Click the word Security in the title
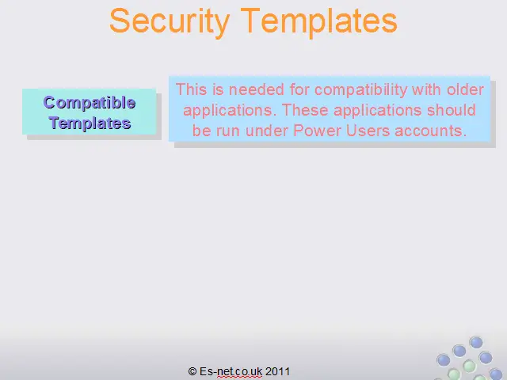tap(170, 21)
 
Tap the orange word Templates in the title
tap(319, 21)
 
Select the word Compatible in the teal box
tap(90, 103)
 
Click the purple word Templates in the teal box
tap(90, 123)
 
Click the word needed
tap(257, 89)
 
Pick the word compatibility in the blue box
tap(361, 90)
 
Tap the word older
tap(465, 89)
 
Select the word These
tap(305, 110)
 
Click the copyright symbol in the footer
tap(193, 371)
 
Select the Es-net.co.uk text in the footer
tap(231, 371)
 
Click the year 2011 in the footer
tap(277, 371)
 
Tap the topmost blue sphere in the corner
tap(476, 343)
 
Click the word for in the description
tap(299, 89)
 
